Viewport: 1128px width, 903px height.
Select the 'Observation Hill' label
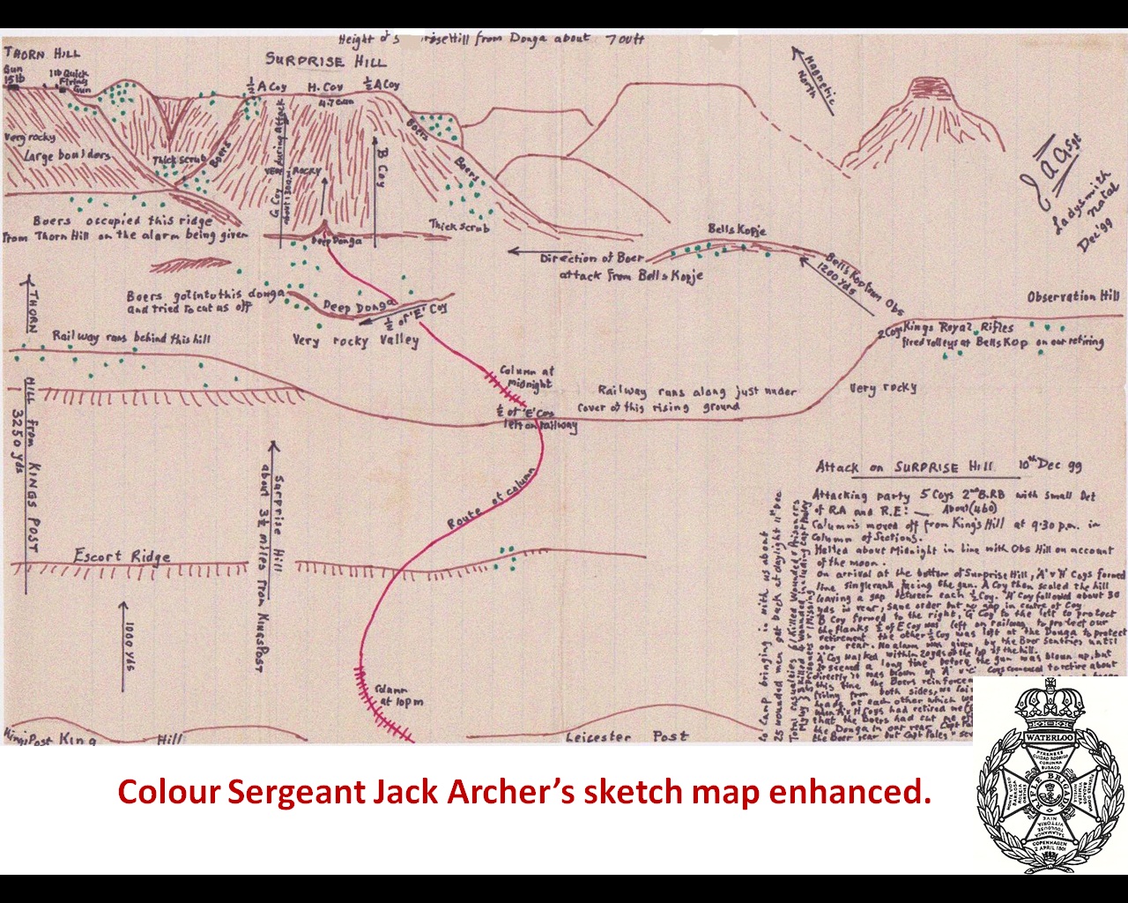[1073, 297]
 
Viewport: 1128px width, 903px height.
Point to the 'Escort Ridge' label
[122, 556]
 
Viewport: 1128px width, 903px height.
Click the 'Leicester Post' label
[627, 736]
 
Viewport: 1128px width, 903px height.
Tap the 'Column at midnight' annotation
[526, 377]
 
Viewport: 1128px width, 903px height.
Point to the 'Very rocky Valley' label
[356, 340]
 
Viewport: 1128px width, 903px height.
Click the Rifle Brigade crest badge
[1049, 775]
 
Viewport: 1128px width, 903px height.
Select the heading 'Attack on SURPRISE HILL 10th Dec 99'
[948, 467]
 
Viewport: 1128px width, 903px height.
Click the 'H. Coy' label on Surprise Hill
[324, 87]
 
